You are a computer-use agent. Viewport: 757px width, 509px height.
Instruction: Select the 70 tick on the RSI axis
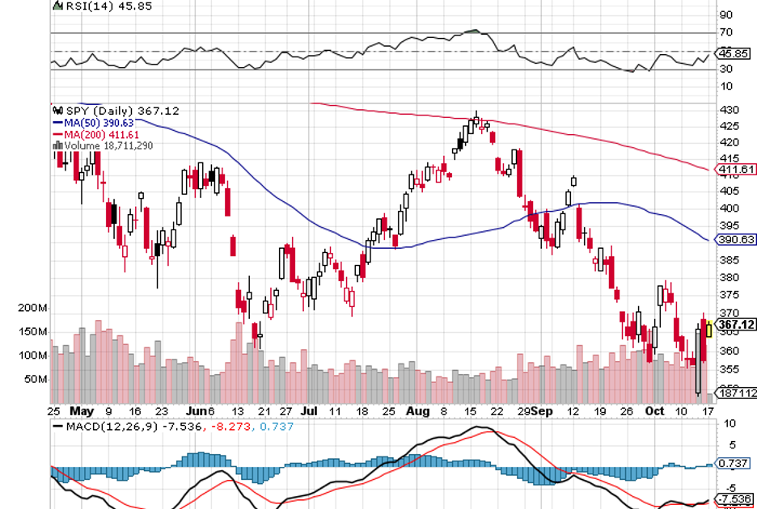725,32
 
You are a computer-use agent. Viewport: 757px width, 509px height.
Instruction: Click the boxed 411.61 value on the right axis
736,170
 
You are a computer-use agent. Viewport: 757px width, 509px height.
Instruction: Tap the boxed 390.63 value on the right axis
736,240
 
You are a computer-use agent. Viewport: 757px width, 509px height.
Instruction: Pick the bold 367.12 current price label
736,325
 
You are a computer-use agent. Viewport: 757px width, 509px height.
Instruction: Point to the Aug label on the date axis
417,411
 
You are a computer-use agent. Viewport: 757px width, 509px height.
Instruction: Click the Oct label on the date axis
654,411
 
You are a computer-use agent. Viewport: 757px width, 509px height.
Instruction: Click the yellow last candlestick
709,328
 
